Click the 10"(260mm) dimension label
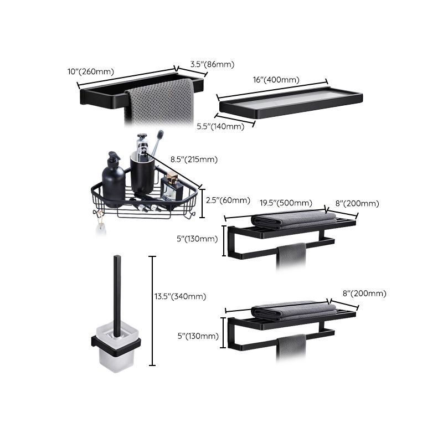[x=90, y=71]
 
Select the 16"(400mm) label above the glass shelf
[x=276, y=80]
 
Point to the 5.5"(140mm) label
[x=220, y=126]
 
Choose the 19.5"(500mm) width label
[x=286, y=203]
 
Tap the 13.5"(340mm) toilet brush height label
[x=180, y=297]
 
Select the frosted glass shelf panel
[x=288, y=102]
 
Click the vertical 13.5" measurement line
[x=152, y=310]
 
